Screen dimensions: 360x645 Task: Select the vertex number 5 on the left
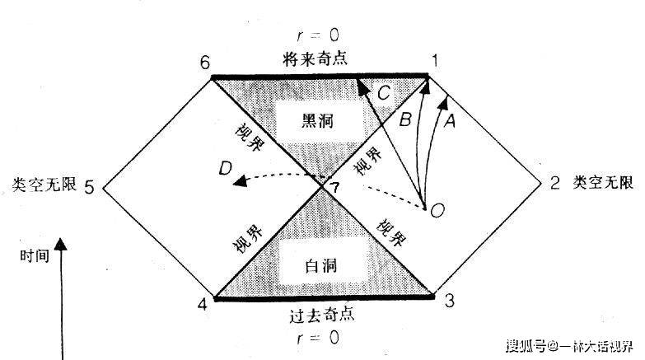89,187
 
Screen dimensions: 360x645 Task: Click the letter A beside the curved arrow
450,121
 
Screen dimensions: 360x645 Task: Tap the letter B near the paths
404,120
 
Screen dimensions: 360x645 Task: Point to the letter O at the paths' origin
437,211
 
